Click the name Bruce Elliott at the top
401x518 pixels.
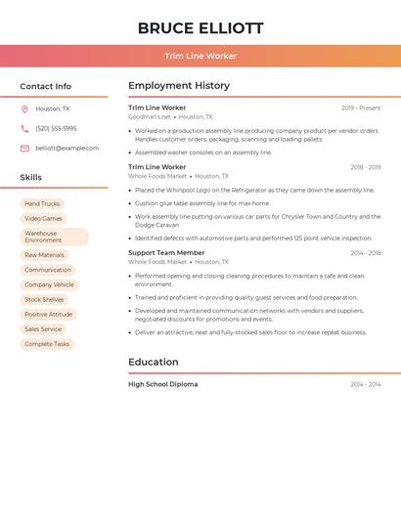click(200, 28)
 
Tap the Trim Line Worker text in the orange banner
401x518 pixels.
click(200, 56)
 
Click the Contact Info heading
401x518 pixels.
click(46, 86)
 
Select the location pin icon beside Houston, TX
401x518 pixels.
click(24, 109)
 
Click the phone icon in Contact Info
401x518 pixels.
click(24, 129)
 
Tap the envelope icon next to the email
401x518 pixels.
click(24, 149)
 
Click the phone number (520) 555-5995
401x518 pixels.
click(56, 129)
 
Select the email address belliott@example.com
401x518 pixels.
click(67, 149)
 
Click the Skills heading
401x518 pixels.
click(31, 178)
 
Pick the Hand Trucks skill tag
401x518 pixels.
click(42, 204)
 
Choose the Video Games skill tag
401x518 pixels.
click(43, 219)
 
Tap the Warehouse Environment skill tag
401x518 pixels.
click(54, 237)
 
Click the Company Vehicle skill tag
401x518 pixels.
click(49, 284)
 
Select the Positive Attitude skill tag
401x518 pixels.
click(49, 315)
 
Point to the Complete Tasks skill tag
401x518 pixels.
click(47, 344)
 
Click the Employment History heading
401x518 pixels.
click(179, 86)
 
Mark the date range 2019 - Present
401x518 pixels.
click(361, 108)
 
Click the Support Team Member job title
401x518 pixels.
click(166, 253)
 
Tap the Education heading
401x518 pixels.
click(154, 363)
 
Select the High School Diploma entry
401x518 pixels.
click(163, 385)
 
